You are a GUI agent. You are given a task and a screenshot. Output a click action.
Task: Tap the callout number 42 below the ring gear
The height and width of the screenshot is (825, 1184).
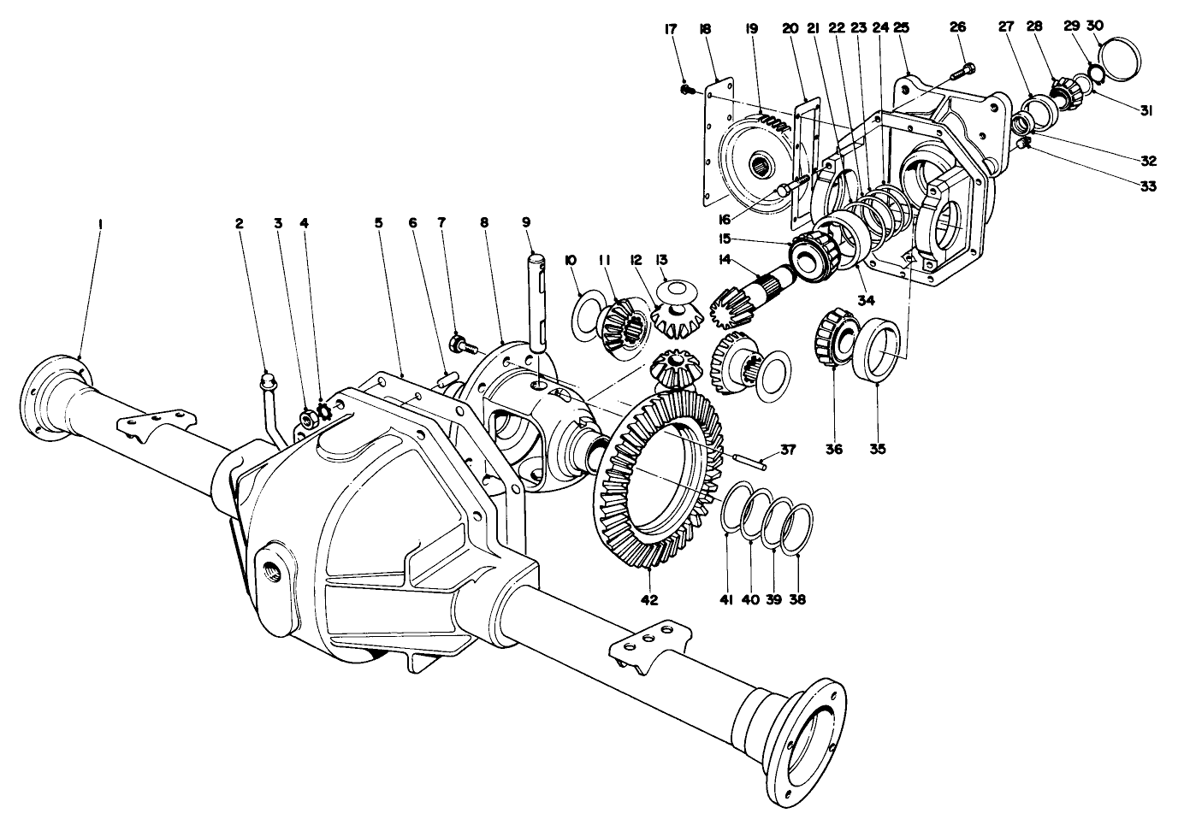click(x=649, y=599)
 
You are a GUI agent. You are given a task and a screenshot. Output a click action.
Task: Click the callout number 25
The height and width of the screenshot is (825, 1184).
click(x=901, y=28)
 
